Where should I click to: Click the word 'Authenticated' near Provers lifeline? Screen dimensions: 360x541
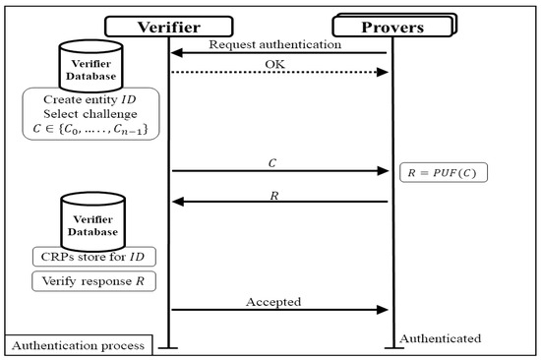coord(440,337)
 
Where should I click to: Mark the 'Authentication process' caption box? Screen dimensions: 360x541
coord(79,345)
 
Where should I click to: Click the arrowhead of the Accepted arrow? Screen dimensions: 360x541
coord(386,311)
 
